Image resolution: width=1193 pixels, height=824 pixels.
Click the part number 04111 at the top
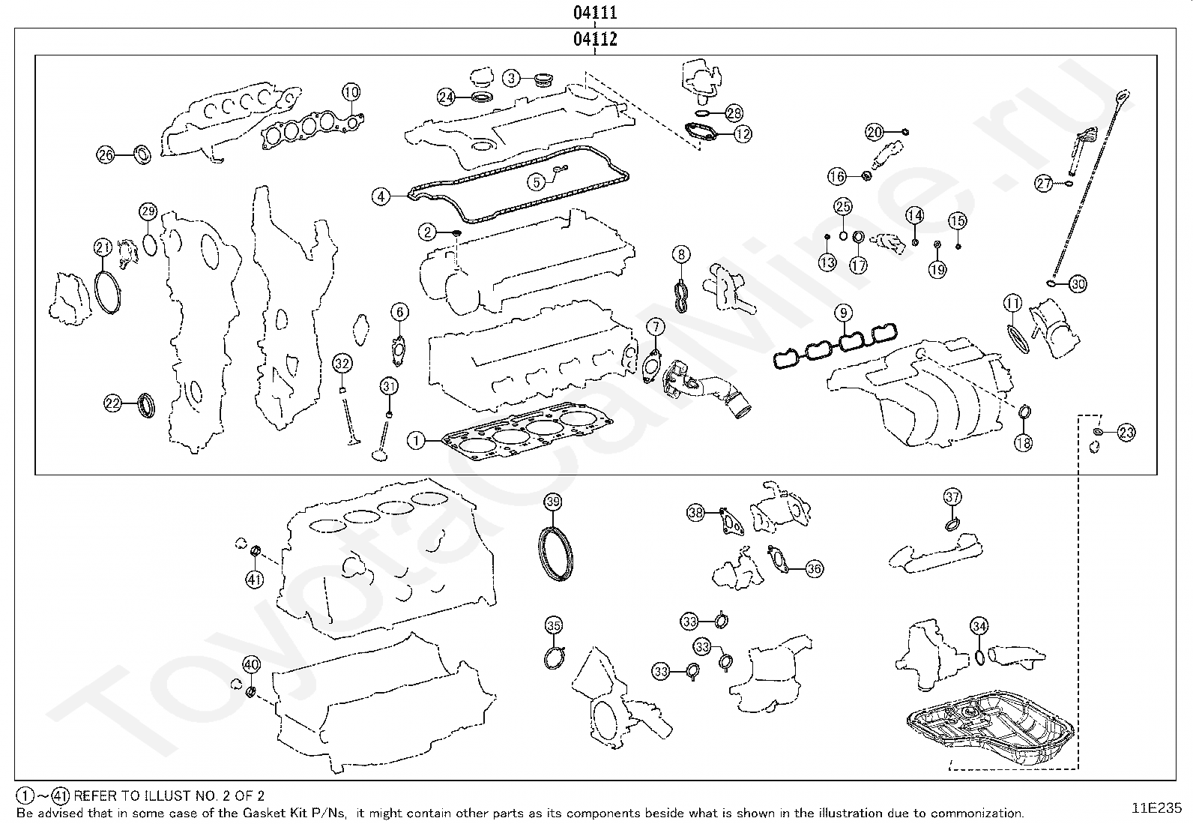tap(595, 12)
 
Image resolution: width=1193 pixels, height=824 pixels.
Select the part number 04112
tap(595, 39)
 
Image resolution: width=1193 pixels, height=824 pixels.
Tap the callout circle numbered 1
tap(416, 441)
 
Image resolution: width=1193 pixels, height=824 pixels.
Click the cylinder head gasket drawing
tap(528, 433)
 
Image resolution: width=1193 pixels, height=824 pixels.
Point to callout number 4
tap(380, 197)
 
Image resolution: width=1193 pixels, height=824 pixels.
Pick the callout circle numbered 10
tap(351, 92)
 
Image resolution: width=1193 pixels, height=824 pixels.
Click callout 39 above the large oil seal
tap(553, 502)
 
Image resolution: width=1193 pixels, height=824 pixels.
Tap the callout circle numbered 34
tap(979, 626)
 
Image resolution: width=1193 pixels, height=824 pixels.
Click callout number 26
tap(106, 155)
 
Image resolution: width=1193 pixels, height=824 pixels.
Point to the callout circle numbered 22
tap(113, 403)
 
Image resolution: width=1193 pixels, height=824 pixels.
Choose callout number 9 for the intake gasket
tap(843, 313)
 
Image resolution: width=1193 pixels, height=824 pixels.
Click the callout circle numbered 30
tap(1078, 284)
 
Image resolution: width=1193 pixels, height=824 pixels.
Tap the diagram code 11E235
tap(1156, 808)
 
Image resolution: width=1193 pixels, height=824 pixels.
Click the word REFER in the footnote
tap(94, 796)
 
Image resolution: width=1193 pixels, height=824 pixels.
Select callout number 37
tap(952, 497)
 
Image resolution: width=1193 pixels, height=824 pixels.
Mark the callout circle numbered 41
tap(254, 580)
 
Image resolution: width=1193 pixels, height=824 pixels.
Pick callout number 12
tap(743, 133)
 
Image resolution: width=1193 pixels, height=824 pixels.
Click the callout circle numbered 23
tap(1126, 433)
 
